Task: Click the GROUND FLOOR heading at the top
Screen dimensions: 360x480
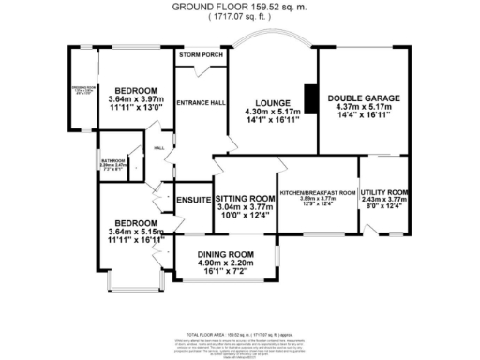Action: pyautogui.click(x=239, y=5)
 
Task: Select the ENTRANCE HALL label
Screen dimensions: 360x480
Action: pyautogui.click(x=198, y=101)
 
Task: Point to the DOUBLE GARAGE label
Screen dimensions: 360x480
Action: pyautogui.click(x=363, y=98)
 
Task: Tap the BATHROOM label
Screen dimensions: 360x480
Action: pyautogui.click(x=113, y=160)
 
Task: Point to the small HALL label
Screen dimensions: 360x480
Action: pyautogui.click(x=159, y=147)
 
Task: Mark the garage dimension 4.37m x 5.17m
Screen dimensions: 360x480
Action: pyautogui.click(x=363, y=108)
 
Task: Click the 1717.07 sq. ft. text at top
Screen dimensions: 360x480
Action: pyautogui.click(x=239, y=16)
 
